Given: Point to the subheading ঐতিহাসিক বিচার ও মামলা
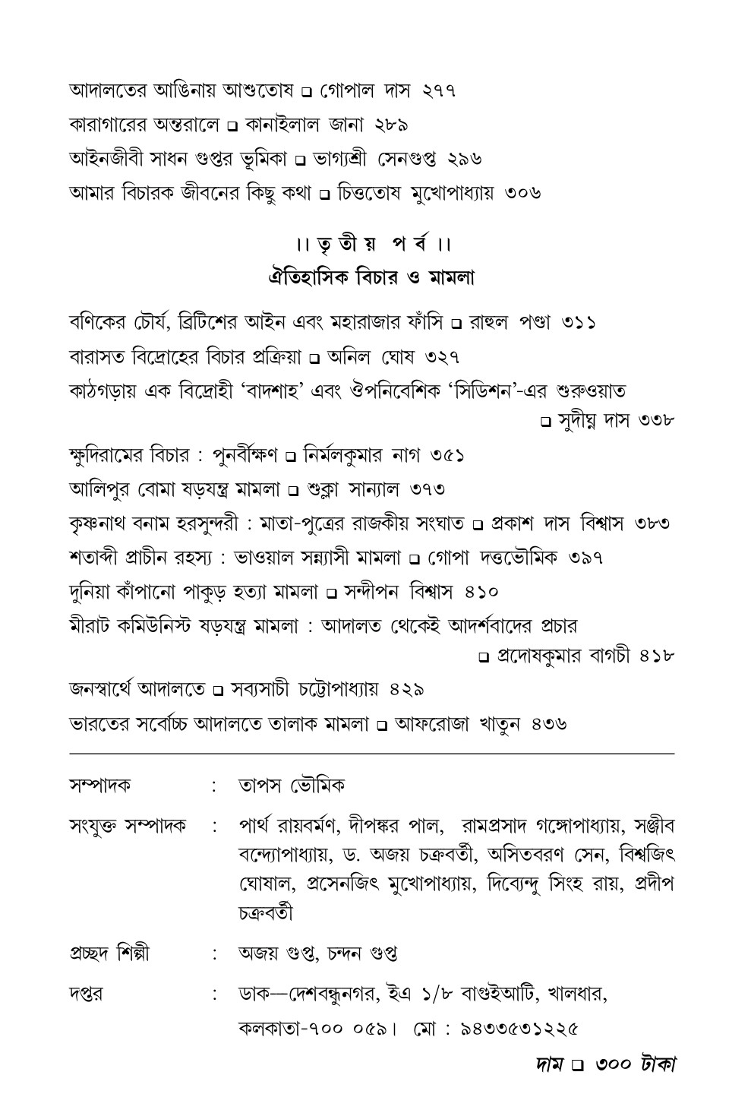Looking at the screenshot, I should [x=372, y=278].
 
